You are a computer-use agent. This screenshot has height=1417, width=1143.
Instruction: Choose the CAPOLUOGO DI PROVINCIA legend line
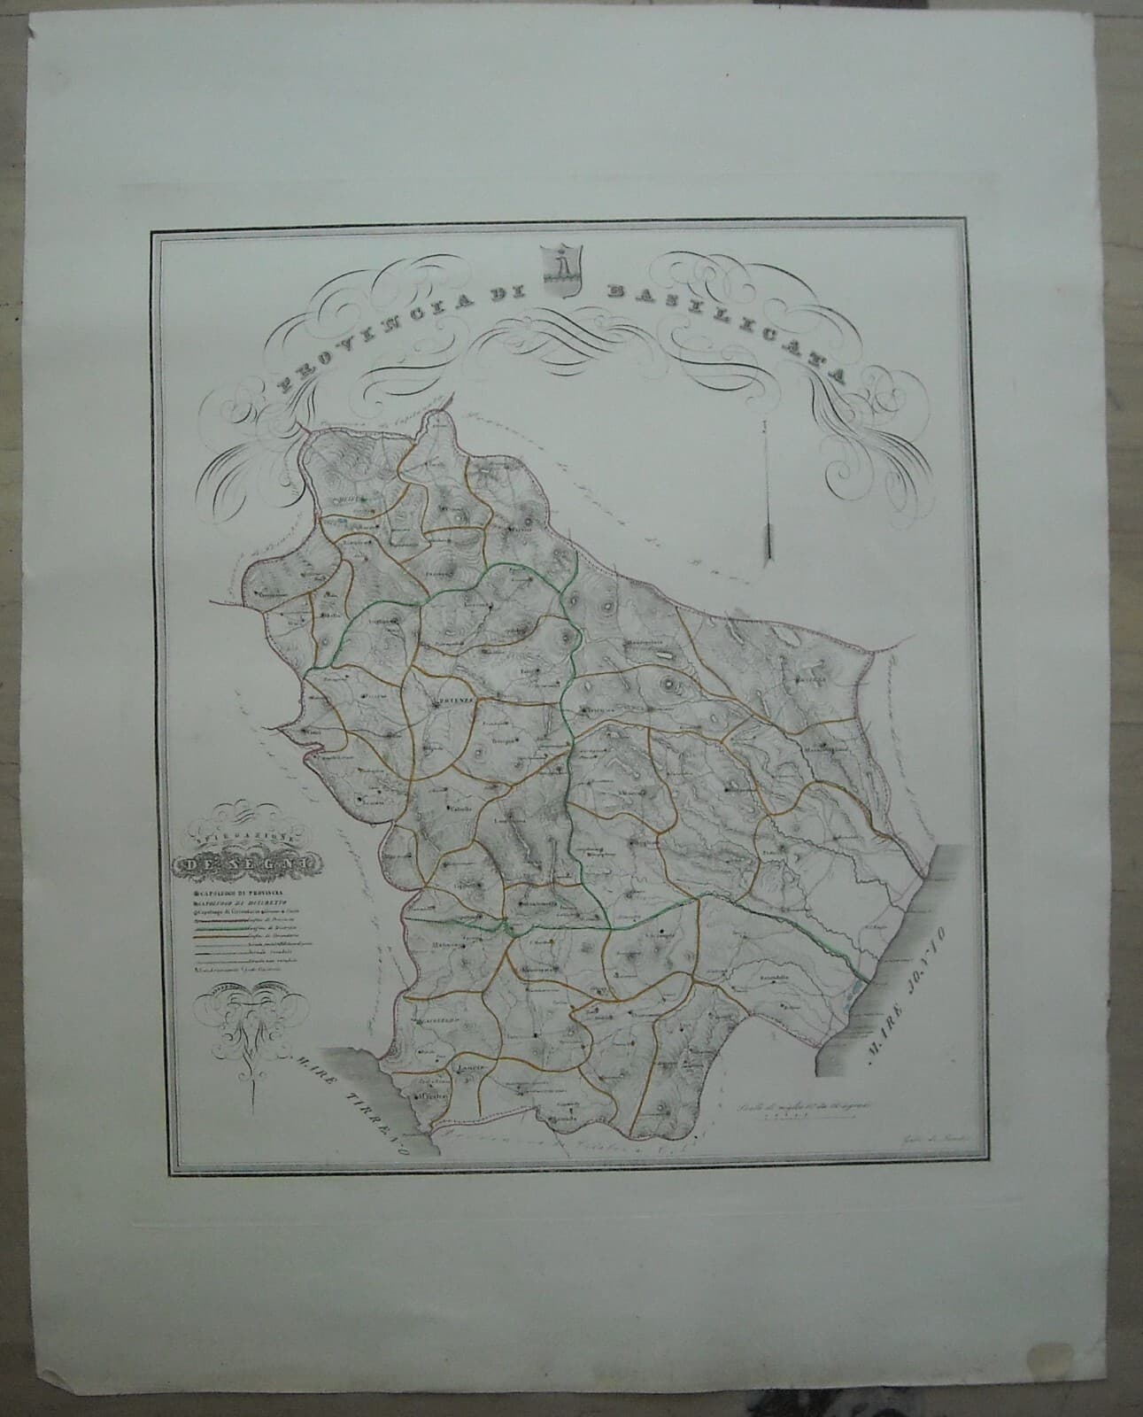pyautogui.click(x=232, y=893)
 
